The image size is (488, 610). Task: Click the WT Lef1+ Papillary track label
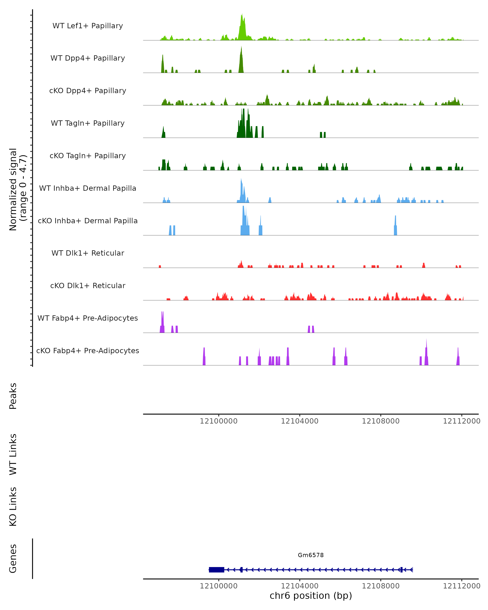[x=88, y=26]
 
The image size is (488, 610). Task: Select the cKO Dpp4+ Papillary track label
[x=88, y=90]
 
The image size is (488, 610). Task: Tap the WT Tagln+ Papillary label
[x=88, y=123]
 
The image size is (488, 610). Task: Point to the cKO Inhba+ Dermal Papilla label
[x=88, y=221]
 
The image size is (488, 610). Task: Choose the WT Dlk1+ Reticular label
[x=88, y=253]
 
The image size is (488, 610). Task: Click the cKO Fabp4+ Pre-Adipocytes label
[x=88, y=351]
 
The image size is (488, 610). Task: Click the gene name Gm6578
[x=311, y=555]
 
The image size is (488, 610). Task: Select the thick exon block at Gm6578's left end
[x=216, y=570]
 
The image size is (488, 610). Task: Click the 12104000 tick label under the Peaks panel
[x=300, y=421]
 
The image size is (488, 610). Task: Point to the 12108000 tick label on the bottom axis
[x=380, y=586]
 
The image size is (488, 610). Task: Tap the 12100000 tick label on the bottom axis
[x=218, y=586]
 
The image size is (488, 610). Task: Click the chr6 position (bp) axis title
[x=311, y=596]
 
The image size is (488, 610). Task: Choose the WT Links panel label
[x=13, y=454]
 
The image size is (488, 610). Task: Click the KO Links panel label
[x=13, y=507]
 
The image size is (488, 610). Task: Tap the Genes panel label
[x=13, y=559]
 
